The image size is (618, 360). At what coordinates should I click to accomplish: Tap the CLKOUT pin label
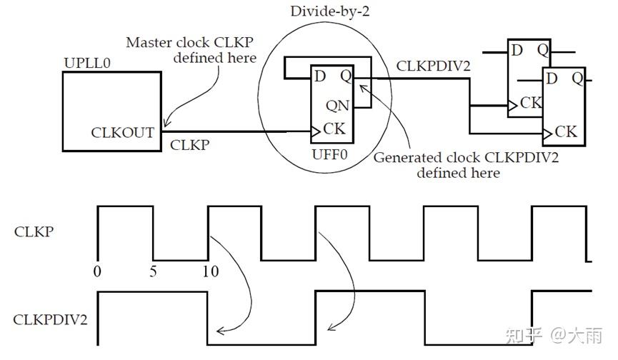(x=123, y=132)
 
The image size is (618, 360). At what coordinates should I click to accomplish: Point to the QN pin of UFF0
(x=338, y=106)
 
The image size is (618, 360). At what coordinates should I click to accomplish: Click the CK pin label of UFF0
(x=334, y=129)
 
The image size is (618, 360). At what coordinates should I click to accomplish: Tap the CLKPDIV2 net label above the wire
(x=433, y=66)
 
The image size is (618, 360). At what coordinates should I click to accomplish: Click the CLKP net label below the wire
(x=189, y=145)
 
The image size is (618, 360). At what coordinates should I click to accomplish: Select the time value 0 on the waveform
(x=98, y=271)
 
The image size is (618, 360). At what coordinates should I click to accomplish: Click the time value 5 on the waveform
(x=154, y=271)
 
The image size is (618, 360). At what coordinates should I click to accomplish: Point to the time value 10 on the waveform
(x=210, y=271)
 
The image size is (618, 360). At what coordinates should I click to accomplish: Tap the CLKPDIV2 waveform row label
(x=51, y=319)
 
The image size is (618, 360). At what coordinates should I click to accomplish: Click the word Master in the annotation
(x=148, y=42)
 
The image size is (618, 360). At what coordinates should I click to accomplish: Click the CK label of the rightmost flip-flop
(x=566, y=131)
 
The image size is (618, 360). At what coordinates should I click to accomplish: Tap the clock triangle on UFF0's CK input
(x=316, y=131)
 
